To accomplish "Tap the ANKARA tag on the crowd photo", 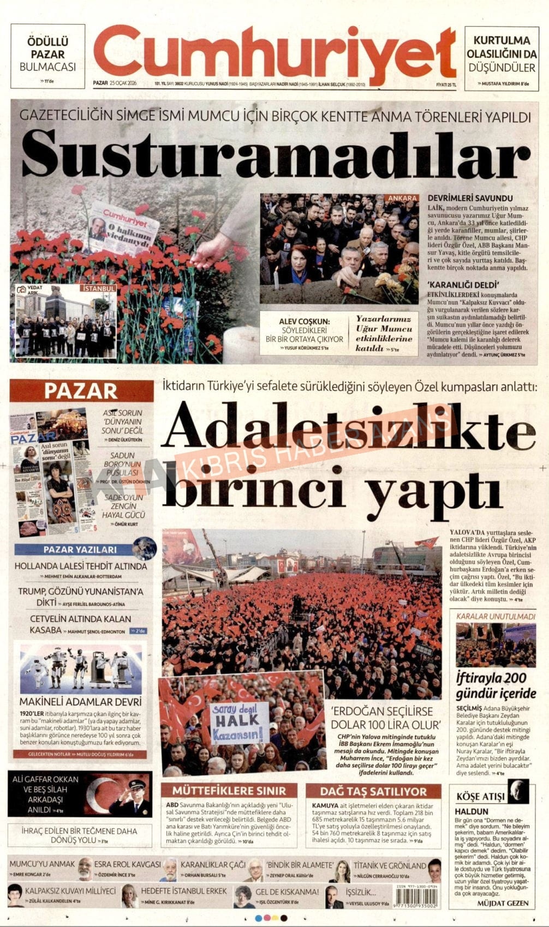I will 403,198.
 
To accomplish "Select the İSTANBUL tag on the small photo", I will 98,288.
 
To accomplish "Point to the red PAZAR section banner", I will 81,391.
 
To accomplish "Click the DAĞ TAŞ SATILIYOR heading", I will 373,791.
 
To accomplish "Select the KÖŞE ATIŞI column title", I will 480,797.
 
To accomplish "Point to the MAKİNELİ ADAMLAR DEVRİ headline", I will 81,702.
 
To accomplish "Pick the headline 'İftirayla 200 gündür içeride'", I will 496,685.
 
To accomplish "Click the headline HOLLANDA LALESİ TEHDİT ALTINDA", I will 81,567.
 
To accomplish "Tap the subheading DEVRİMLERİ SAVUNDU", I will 470,198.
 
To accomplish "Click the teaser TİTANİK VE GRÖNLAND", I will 389,865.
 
